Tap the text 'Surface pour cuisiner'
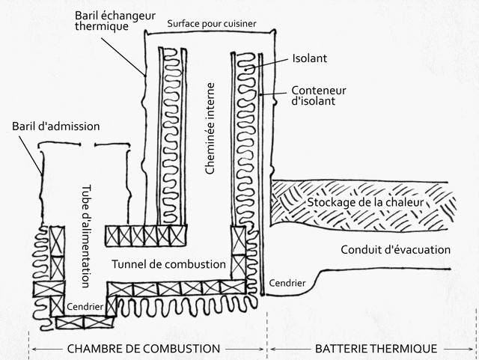(212, 23)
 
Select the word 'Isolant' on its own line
(311, 58)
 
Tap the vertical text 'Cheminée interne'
(210, 129)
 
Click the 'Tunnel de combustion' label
(168, 264)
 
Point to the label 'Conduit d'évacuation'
(395, 249)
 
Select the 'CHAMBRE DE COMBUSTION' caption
(144, 349)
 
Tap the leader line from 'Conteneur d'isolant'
(275, 94)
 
